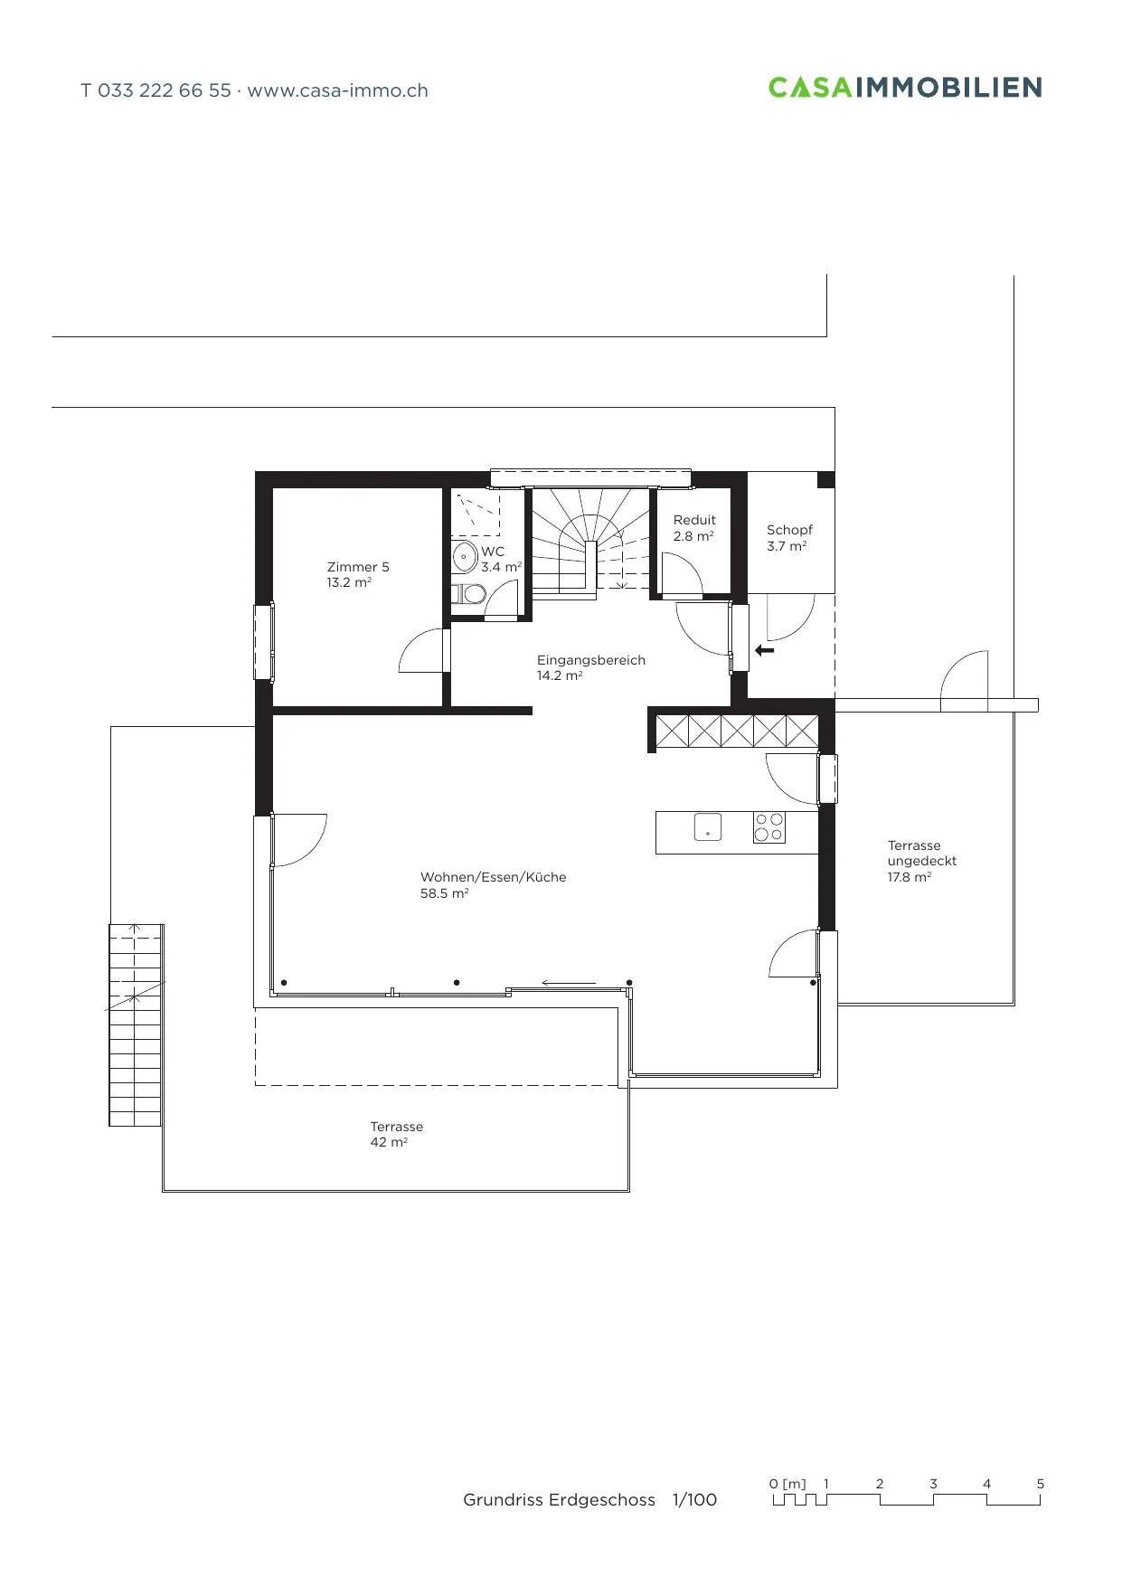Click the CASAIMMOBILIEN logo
pos(905,88)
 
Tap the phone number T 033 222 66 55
pos(156,90)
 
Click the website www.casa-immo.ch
pos(337,90)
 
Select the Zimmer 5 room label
pos(358,575)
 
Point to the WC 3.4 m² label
pos(501,560)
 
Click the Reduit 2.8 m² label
pos(694,528)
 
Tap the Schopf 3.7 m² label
pos(789,538)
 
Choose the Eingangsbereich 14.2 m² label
pos(591,668)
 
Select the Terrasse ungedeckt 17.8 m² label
pos(921,862)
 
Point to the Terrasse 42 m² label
pos(396,1135)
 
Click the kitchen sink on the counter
pos(708,826)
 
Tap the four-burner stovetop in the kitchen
pos(769,827)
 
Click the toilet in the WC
pos(468,594)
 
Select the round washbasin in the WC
pos(465,556)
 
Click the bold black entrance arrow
pos(765,650)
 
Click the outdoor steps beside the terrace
pos(136,1024)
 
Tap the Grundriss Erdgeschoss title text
pos(559,1500)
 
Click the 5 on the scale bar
pos(1041,1484)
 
